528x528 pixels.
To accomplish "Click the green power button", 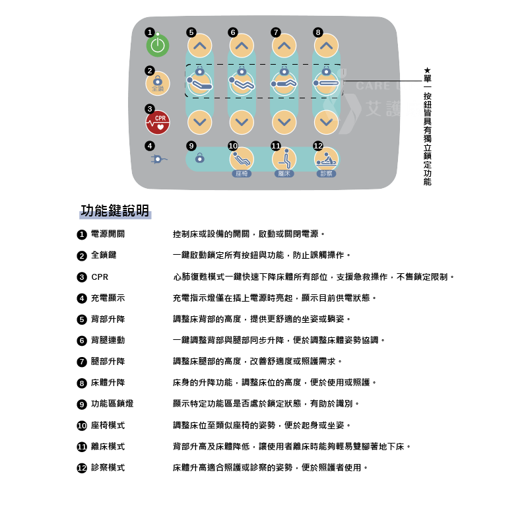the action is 158,46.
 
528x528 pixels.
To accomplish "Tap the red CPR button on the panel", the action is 158,122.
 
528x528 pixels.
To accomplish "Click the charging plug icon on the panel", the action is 158,159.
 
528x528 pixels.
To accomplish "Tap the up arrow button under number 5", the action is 200,46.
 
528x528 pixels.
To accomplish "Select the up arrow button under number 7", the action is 284,46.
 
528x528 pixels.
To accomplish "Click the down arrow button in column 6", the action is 242,122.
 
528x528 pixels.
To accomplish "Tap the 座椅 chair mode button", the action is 242,159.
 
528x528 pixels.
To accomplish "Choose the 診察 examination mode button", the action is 326,159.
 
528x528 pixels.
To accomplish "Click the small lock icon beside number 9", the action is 200,158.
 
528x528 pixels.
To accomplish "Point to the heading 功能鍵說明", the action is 115,211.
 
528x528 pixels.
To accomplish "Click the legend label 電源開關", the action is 108,234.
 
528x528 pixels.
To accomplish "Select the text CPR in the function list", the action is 100,277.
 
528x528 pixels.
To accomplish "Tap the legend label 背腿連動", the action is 108,341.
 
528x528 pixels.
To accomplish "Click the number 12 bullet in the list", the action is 82,468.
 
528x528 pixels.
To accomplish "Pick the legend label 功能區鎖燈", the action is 112,404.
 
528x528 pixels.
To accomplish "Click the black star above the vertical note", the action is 427,71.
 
